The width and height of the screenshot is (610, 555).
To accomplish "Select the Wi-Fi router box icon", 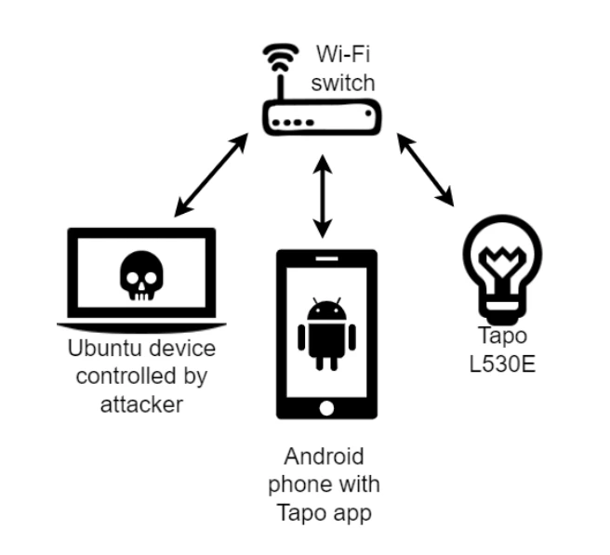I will click(x=321, y=119).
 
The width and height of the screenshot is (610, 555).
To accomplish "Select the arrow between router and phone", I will click(x=322, y=196).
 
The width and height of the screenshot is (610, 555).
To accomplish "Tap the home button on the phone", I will click(x=325, y=407).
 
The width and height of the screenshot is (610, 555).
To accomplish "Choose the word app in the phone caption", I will click(x=351, y=510).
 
